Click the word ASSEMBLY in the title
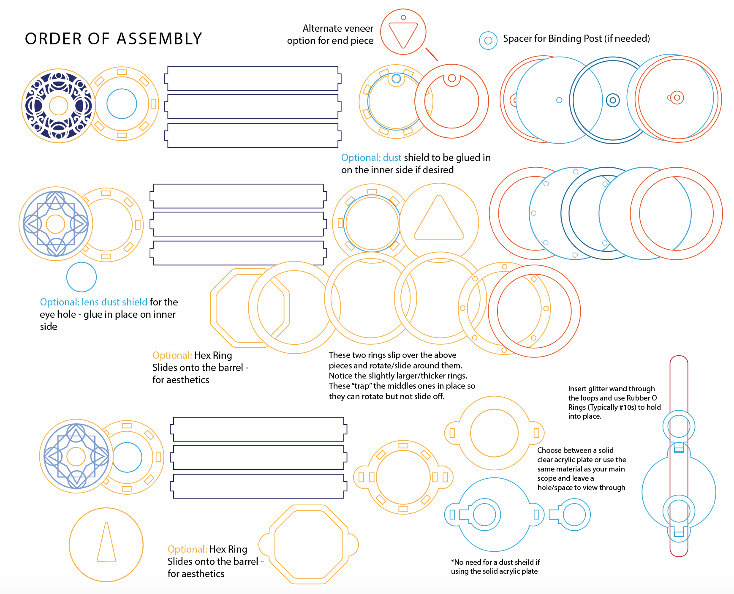click(159, 39)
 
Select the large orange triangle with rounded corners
click(439, 218)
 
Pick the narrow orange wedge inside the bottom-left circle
click(106, 542)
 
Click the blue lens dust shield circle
click(82, 277)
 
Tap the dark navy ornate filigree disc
click(58, 106)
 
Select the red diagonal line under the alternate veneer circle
click(432, 54)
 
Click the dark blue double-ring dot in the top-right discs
click(613, 100)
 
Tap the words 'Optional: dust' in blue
click(371, 158)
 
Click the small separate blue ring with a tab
click(570, 515)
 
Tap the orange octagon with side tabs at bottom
click(309, 545)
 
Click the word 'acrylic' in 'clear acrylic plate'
click(567, 460)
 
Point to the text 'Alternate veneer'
click(338, 28)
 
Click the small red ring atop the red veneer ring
click(452, 78)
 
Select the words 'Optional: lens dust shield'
click(94, 302)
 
